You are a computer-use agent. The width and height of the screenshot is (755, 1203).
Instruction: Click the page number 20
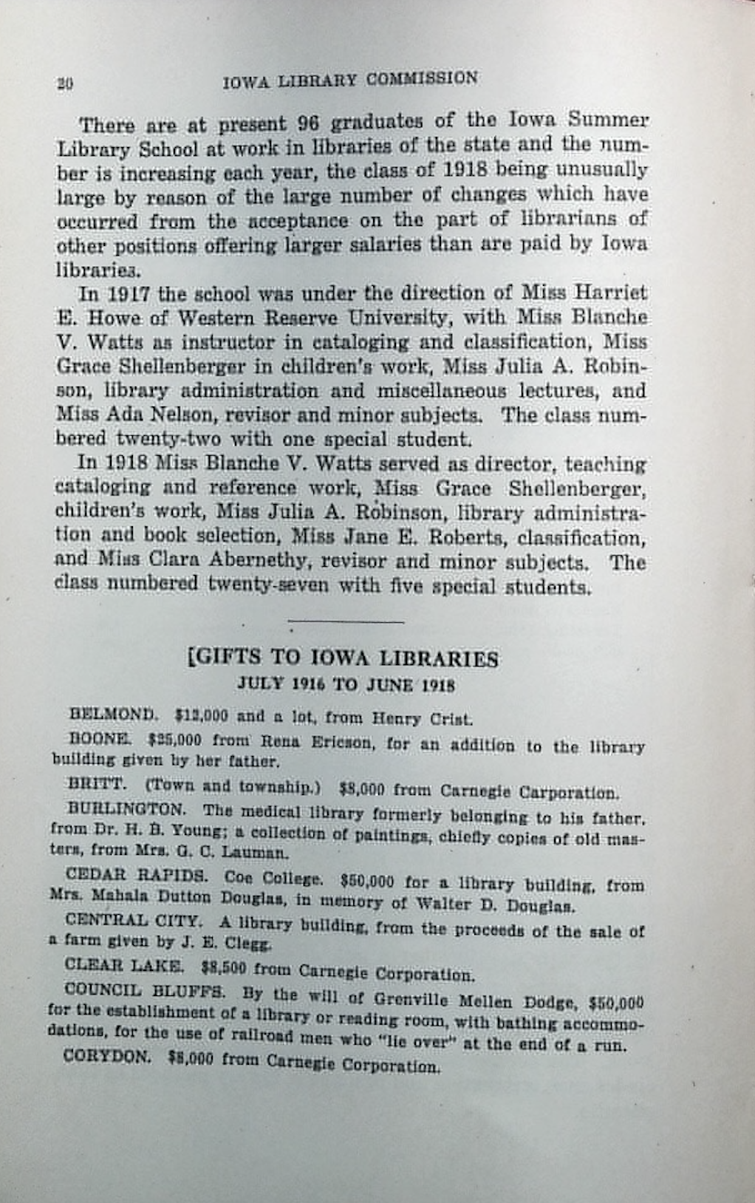pos(64,84)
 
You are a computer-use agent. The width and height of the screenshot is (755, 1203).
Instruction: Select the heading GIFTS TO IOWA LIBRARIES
pos(344,658)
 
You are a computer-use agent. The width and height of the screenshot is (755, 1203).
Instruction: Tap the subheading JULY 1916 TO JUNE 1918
pos(345,684)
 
